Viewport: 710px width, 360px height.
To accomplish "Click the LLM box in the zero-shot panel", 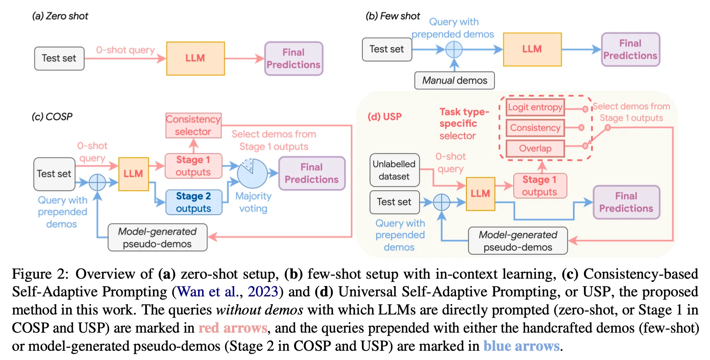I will (x=195, y=59).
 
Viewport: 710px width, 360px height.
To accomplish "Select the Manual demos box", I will (x=454, y=81).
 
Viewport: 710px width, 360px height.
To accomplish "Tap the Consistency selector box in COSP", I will (x=193, y=125).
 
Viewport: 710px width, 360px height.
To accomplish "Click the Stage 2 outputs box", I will (x=193, y=202).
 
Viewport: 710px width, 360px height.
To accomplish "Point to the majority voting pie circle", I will (x=252, y=173).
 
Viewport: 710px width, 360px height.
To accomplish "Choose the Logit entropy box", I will (x=535, y=107).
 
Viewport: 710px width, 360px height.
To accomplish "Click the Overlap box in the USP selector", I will (x=535, y=148).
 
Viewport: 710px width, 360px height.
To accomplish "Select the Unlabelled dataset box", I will (x=394, y=170).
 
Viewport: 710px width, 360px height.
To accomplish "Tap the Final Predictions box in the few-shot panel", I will (x=630, y=50).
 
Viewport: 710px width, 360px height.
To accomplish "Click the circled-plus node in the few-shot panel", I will (x=454, y=49).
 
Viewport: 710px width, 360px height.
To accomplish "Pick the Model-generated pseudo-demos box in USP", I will (x=518, y=241).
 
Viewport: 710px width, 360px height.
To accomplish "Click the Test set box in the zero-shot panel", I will (x=59, y=58).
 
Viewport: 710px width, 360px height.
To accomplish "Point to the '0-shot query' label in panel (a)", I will (x=125, y=50).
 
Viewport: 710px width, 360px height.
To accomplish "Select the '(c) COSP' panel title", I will (x=52, y=116).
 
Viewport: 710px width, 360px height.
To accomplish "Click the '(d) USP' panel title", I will (x=384, y=116).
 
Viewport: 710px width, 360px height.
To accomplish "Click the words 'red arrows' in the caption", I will (x=232, y=328).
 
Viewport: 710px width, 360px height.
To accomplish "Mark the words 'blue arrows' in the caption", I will (x=521, y=346).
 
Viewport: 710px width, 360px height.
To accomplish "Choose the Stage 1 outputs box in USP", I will (x=540, y=186).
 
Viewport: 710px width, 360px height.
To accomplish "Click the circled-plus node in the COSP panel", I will (x=98, y=182).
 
